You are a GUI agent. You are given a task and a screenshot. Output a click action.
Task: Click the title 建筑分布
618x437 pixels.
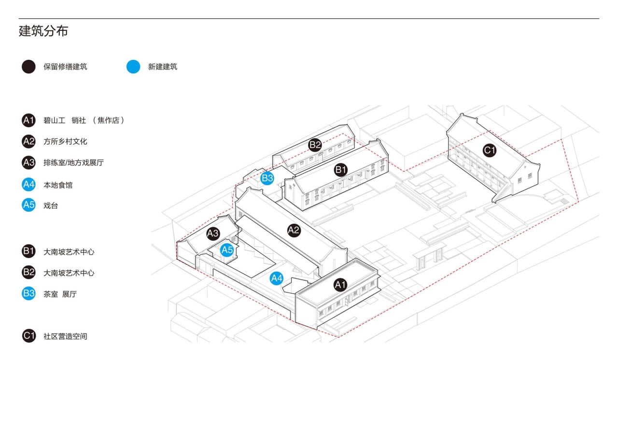[x=43, y=31]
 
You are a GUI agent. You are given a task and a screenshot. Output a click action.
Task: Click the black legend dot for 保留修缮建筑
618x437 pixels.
[x=28, y=67]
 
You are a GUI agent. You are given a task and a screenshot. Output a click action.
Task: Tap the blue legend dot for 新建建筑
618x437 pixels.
[x=133, y=67]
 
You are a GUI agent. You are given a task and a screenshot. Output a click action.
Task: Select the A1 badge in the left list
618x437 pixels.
[x=28, y=120]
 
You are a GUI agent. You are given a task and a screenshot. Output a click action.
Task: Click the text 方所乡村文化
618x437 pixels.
[x=65, y=142]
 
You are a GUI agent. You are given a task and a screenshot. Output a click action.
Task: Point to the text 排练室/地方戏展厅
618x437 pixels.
[x=73, y=163]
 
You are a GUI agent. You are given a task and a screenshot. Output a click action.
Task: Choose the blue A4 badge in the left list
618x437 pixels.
[x=28, y=184]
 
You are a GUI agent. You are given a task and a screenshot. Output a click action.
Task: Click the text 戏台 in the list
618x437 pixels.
[x=51, y=205]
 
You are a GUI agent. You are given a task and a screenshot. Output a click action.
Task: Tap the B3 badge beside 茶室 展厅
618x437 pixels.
[x=28, y=293]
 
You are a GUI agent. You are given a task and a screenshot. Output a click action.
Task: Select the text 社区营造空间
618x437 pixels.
[x=65, y=336]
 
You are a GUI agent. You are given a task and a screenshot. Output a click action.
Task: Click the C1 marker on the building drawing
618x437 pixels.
[x=490, y=150]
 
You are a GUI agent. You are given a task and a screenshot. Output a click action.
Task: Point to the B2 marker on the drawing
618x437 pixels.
[x=315, y=144]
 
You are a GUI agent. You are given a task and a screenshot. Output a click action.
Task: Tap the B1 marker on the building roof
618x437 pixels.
[x=341, y=169]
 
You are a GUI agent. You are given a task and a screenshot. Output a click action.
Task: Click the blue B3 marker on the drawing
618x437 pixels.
[x=267, y=178]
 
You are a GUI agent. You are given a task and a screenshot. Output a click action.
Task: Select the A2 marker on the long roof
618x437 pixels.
[x=294, y=230]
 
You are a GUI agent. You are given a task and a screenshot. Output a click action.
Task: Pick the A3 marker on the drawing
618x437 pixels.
[x=213, y=233]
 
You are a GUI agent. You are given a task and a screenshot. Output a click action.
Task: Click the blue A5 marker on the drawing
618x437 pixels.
[x=227, y=250]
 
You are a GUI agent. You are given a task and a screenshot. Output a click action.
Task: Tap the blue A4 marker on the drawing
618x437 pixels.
[x=277, y=278]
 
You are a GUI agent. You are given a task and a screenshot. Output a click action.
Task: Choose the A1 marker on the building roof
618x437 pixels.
[x=340, y=285]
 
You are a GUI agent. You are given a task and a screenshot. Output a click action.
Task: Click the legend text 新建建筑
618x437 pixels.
[x=162, y=67]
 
